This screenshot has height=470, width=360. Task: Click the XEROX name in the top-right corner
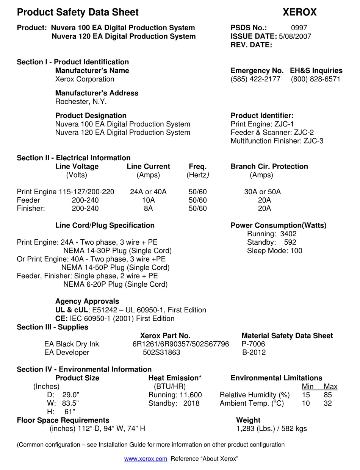(299, 12)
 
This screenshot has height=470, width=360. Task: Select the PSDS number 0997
(299, 28)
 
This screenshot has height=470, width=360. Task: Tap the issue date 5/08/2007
(295, 36)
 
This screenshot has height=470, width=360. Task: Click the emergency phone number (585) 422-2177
(255, 79)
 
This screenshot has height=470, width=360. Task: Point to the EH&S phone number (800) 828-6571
(316, 79)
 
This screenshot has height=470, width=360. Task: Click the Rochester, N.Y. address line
(81, 101)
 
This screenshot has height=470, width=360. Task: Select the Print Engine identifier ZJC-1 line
(262, 124)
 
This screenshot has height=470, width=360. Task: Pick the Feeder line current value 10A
(148, 200)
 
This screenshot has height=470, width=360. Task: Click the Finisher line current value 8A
(148, 208)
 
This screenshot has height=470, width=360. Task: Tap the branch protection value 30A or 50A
(262, 192)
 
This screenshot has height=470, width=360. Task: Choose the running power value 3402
(288, 234)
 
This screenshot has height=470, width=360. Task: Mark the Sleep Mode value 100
(296, 251)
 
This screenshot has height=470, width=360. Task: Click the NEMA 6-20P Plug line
(115, 284)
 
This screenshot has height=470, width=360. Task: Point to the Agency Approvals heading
(87, 301)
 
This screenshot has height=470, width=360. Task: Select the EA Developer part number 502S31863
(161, 353)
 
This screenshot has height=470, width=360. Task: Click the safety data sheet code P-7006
(253, 344)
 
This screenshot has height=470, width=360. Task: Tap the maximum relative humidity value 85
(328, 395)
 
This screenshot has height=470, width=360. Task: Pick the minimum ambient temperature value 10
(305, 403)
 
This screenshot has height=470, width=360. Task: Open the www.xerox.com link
(146, 459)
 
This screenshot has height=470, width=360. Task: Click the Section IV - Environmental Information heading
(84, 369)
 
